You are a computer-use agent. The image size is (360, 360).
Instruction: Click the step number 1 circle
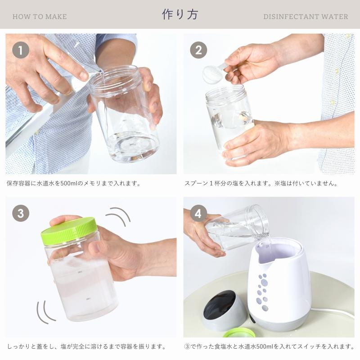(x=21, y=50)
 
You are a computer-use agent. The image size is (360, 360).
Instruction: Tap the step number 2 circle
(x=198, y=50)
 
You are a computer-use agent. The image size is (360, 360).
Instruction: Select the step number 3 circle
(x=21, y=213)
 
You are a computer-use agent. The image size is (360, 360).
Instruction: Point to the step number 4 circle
(x=198, y=213)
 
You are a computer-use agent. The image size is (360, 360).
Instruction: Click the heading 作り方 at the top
(x=180, y=14)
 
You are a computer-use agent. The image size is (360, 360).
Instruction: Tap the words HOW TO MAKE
(x=40, y=17)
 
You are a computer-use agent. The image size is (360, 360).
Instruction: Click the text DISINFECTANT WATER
(x=306, y=17)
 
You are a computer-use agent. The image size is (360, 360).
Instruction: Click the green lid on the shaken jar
(x=69, y=231)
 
